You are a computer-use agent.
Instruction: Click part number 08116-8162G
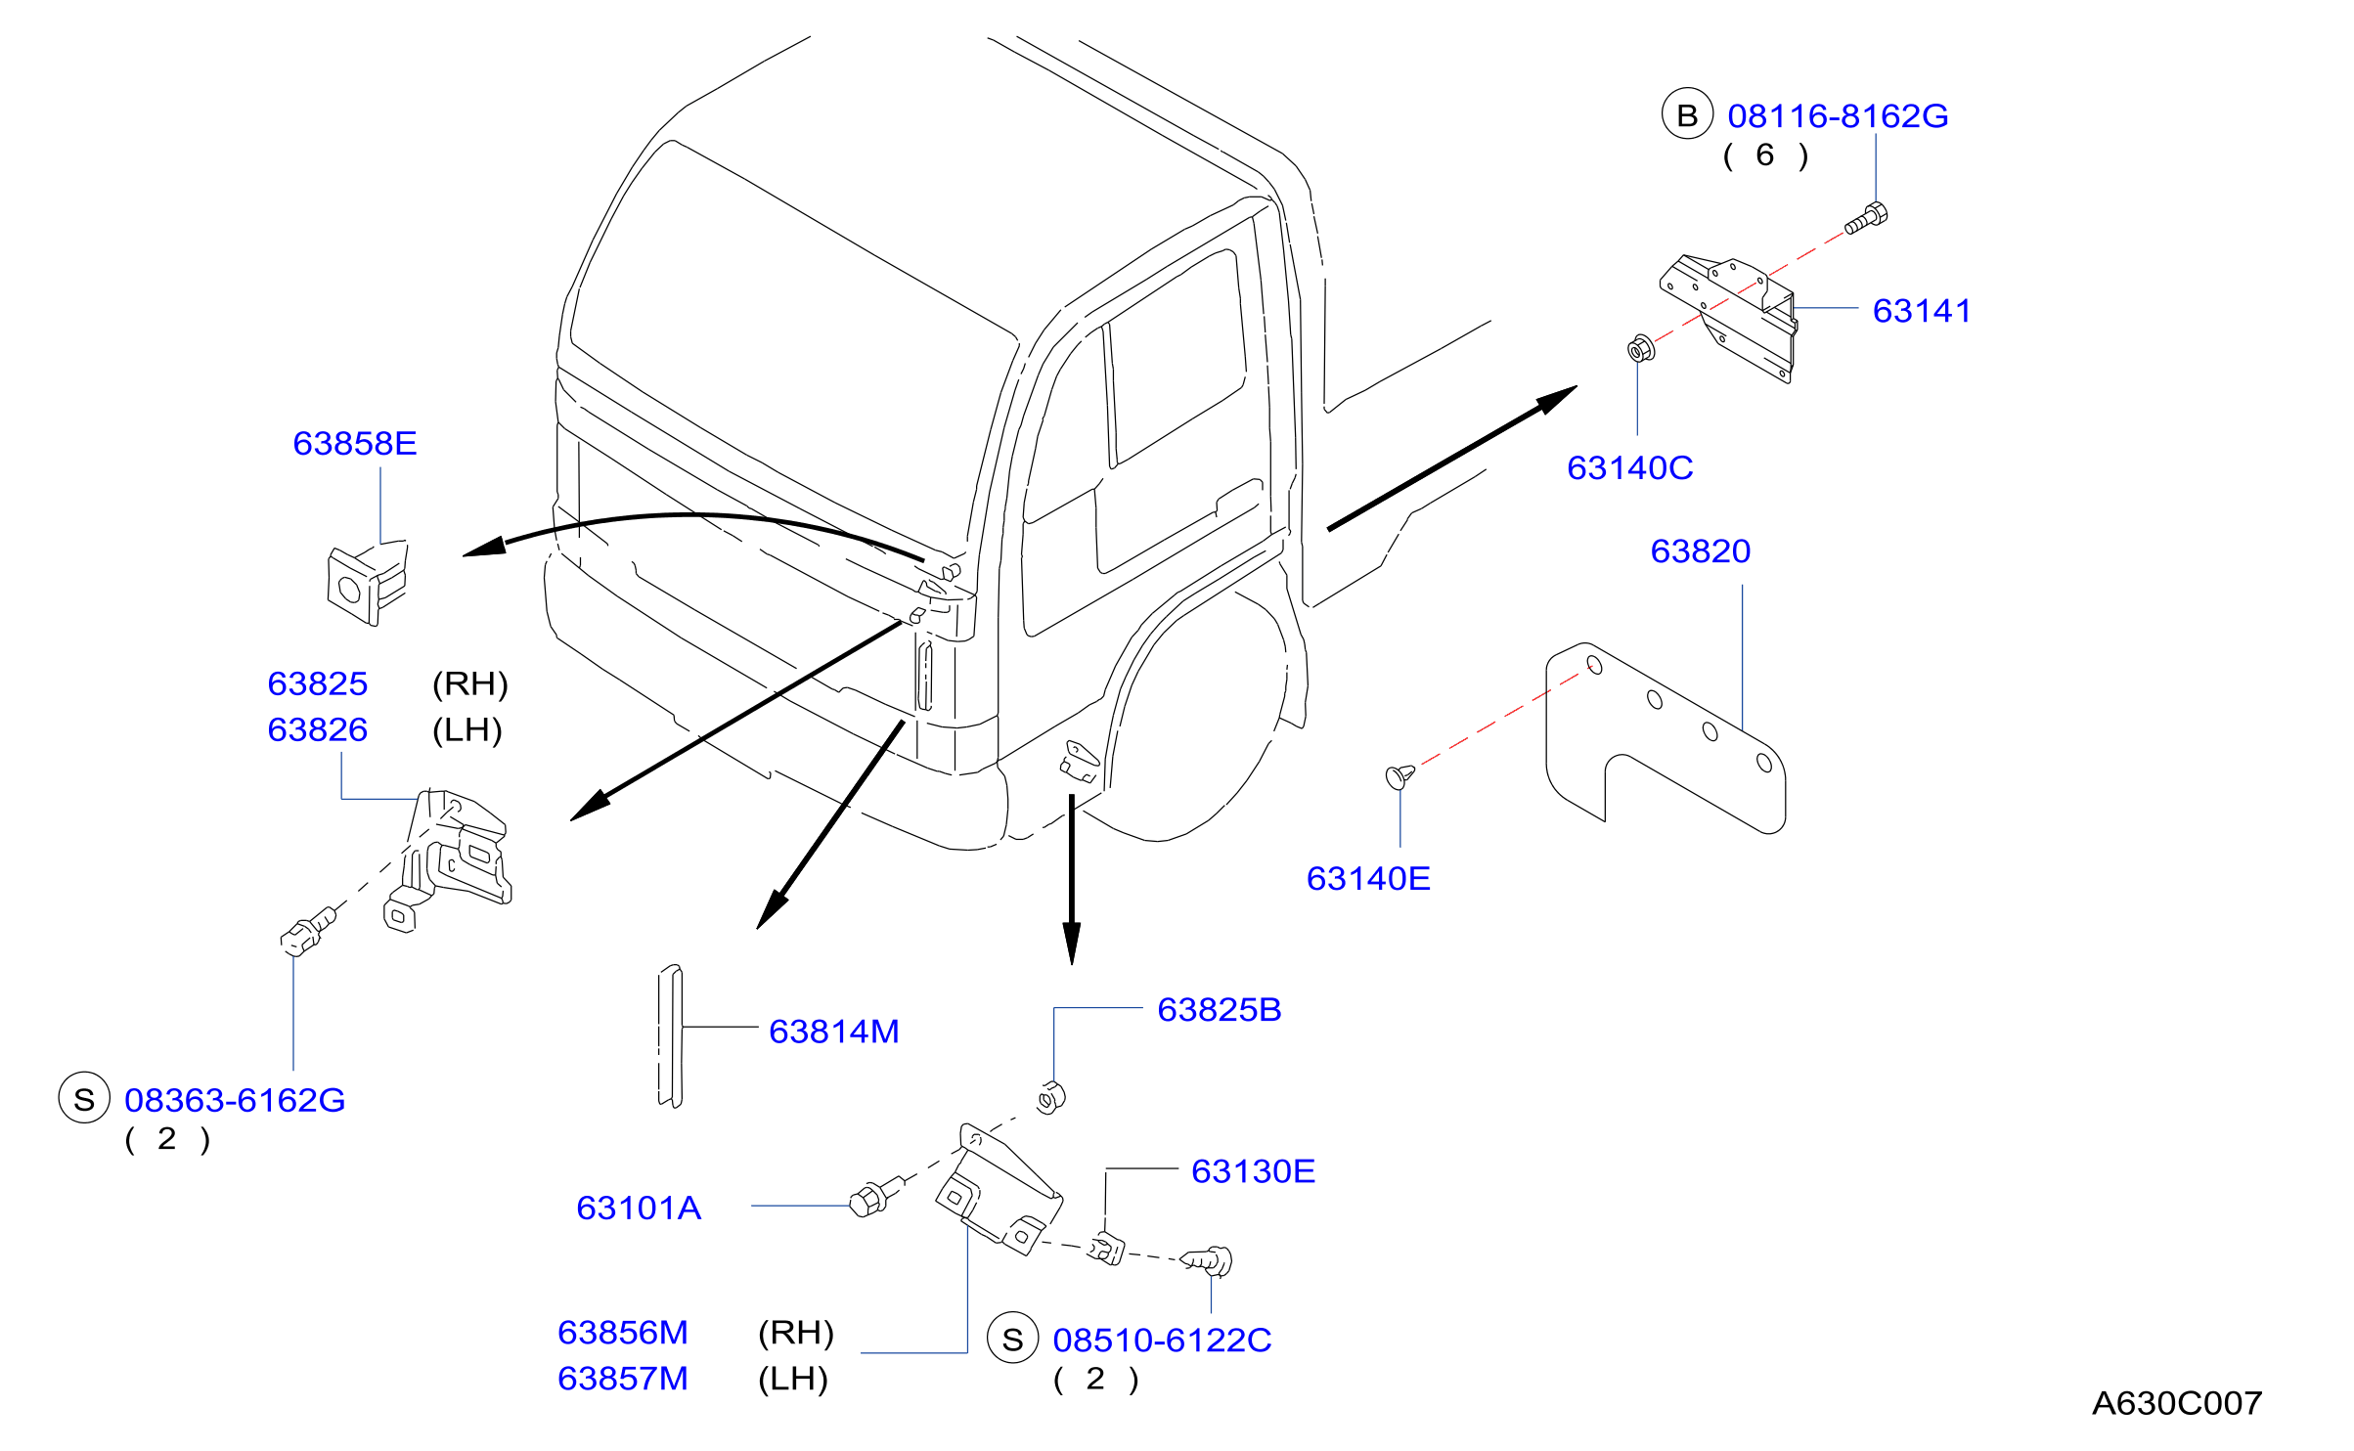coord(1838,116)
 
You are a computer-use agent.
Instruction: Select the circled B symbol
coord(1687,114)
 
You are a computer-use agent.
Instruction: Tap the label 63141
coord(1922,311)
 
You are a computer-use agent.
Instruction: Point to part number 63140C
coord(1629,468)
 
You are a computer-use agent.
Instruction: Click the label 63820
coord(1701,551)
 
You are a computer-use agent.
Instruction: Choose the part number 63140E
coord(1368,879)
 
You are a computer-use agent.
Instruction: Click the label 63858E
coord(355,444)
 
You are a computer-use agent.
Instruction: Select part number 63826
coord(318,730)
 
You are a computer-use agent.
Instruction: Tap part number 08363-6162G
coord(235,1101)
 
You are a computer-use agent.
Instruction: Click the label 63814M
coord(834,1032)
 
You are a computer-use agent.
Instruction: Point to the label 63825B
coord(1220,1010)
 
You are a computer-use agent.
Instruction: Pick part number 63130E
coord(1254,1171)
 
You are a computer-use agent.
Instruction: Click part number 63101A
coord(639,1209)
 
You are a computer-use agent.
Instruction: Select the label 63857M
coord(623,1379)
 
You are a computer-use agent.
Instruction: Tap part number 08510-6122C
coord(1163,1341)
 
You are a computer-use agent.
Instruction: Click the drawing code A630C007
coord(2177,1404)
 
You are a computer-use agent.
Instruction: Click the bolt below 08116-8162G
coord(1866,218)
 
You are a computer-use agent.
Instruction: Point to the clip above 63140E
coord(1399,776)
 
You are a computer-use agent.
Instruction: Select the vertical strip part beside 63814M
coord(670,1036)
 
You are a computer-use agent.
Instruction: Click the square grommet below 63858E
coord(367,585)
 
